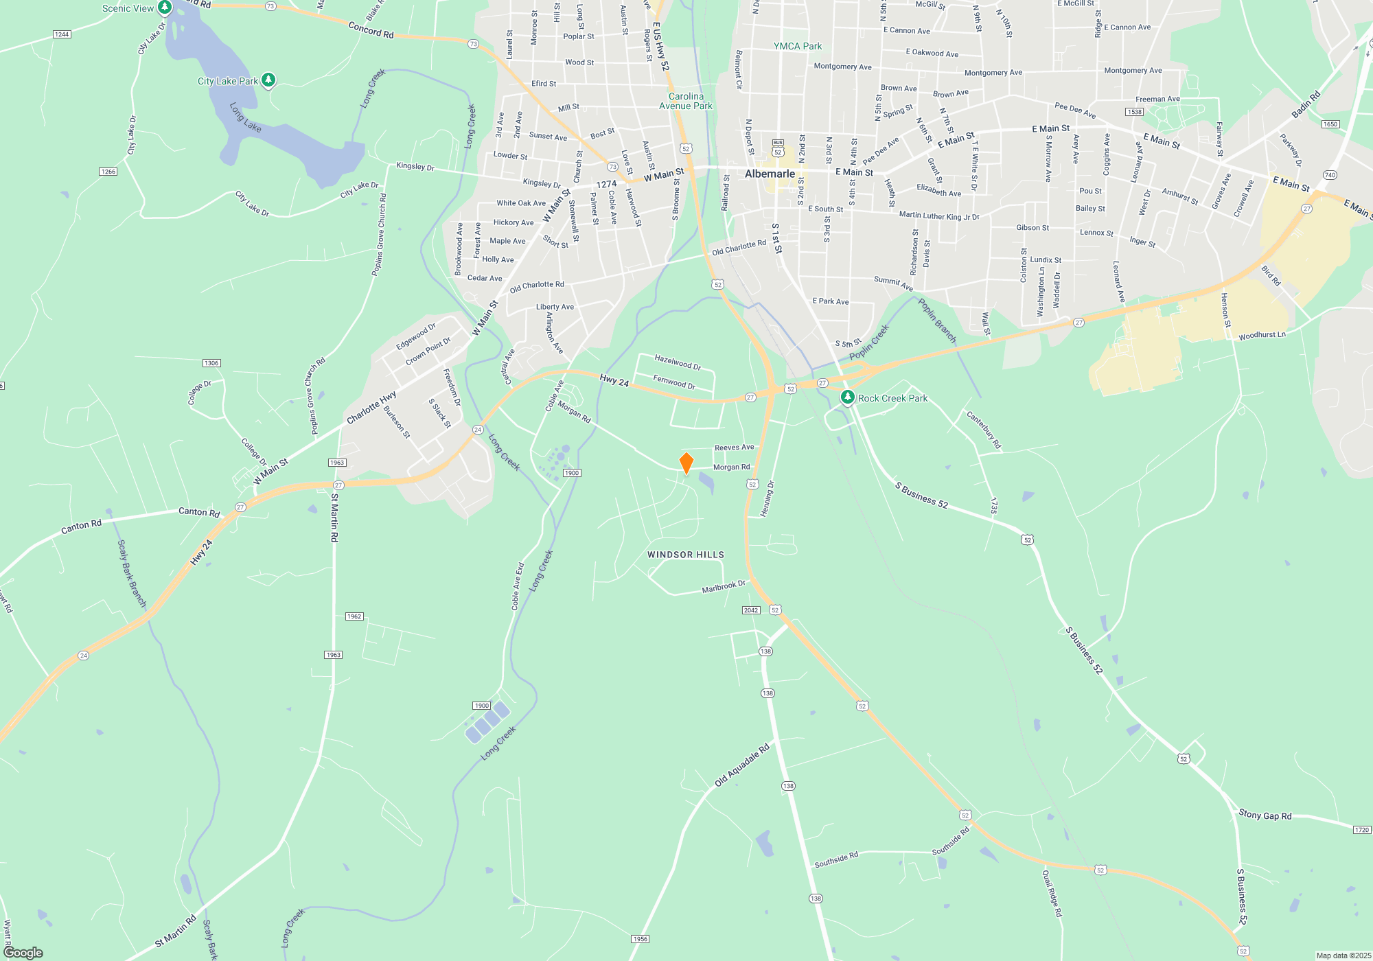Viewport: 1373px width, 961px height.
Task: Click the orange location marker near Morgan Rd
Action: (686, 463)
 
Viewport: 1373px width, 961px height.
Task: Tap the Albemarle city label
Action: (770, 174)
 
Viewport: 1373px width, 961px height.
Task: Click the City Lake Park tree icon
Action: (268, 80)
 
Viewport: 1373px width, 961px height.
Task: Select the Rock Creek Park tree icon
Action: (848, 397)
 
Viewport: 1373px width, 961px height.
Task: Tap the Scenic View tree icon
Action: (164, 8)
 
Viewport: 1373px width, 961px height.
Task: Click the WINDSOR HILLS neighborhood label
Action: (685, 555)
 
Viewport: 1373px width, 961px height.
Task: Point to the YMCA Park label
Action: (797, 46)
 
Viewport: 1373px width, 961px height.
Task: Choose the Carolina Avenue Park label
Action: (685, 101)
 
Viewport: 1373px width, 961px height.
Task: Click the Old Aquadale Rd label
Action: (741, 765)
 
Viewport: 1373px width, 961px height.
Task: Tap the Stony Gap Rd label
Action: (1265, 815)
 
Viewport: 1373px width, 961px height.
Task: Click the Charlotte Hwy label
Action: (371, 408)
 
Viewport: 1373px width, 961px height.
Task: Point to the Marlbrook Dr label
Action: (723, 587)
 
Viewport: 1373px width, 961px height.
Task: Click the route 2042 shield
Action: (750, 610)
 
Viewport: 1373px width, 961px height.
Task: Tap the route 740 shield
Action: (1330, 175)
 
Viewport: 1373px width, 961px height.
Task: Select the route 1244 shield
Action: (62, 34)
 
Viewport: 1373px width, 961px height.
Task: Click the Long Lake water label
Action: (245, 117)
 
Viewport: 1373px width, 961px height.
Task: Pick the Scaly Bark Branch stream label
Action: (132, 574)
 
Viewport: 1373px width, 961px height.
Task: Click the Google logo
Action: (23, 953)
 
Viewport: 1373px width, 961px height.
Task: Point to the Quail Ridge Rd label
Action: (1052, 893)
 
